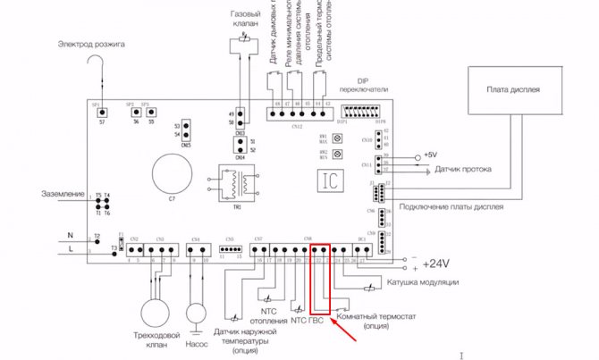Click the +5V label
[x=431, y=155]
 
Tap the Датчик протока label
[x=460, y=168]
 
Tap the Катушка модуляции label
[x=422, y=282]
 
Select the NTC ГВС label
[x=310, y=319]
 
